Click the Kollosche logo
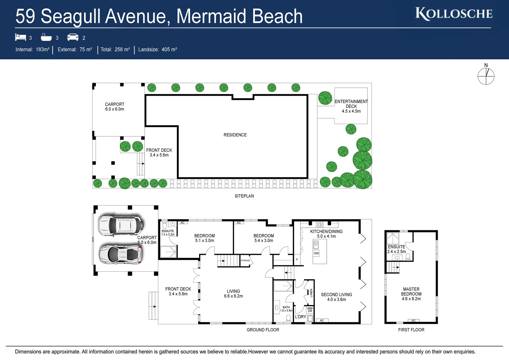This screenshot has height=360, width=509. [454, 14]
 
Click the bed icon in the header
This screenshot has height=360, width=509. [20, 37]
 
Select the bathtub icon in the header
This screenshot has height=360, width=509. [46, 37]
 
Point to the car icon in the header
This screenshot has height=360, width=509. [73, 37]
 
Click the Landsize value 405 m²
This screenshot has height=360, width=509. [169, 49]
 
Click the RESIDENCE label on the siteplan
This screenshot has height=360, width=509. [235, 135]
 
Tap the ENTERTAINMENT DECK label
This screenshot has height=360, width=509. [351, 106]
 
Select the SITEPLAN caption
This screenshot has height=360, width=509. [244, 196]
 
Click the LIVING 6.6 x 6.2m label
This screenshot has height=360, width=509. [233, 293]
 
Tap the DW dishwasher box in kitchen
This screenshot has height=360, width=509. [316, 253]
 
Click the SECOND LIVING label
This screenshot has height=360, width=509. [336, 297]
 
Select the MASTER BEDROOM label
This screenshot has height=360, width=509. [411, 294]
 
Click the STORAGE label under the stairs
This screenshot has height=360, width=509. [245, 260]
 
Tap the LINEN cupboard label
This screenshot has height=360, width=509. [311, 293]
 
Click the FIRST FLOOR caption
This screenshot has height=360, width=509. [411, 330]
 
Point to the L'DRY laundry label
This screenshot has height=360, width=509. [300, 317]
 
